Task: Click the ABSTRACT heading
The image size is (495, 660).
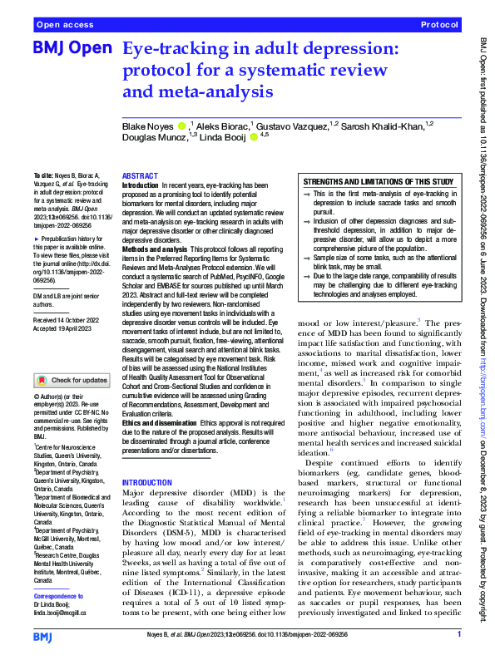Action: point(139,177)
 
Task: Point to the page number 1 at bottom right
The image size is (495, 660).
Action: point(460,635)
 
